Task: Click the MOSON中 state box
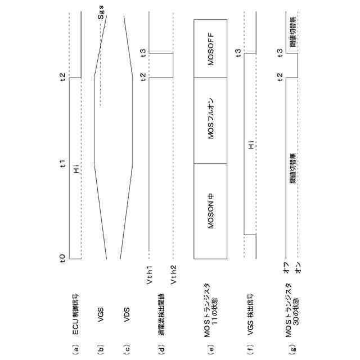(x=211, y=212)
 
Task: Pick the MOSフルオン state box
(x=211, y=120)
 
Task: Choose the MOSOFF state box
(x=211, y=48)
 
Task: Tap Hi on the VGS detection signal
(x=251, y=147)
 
